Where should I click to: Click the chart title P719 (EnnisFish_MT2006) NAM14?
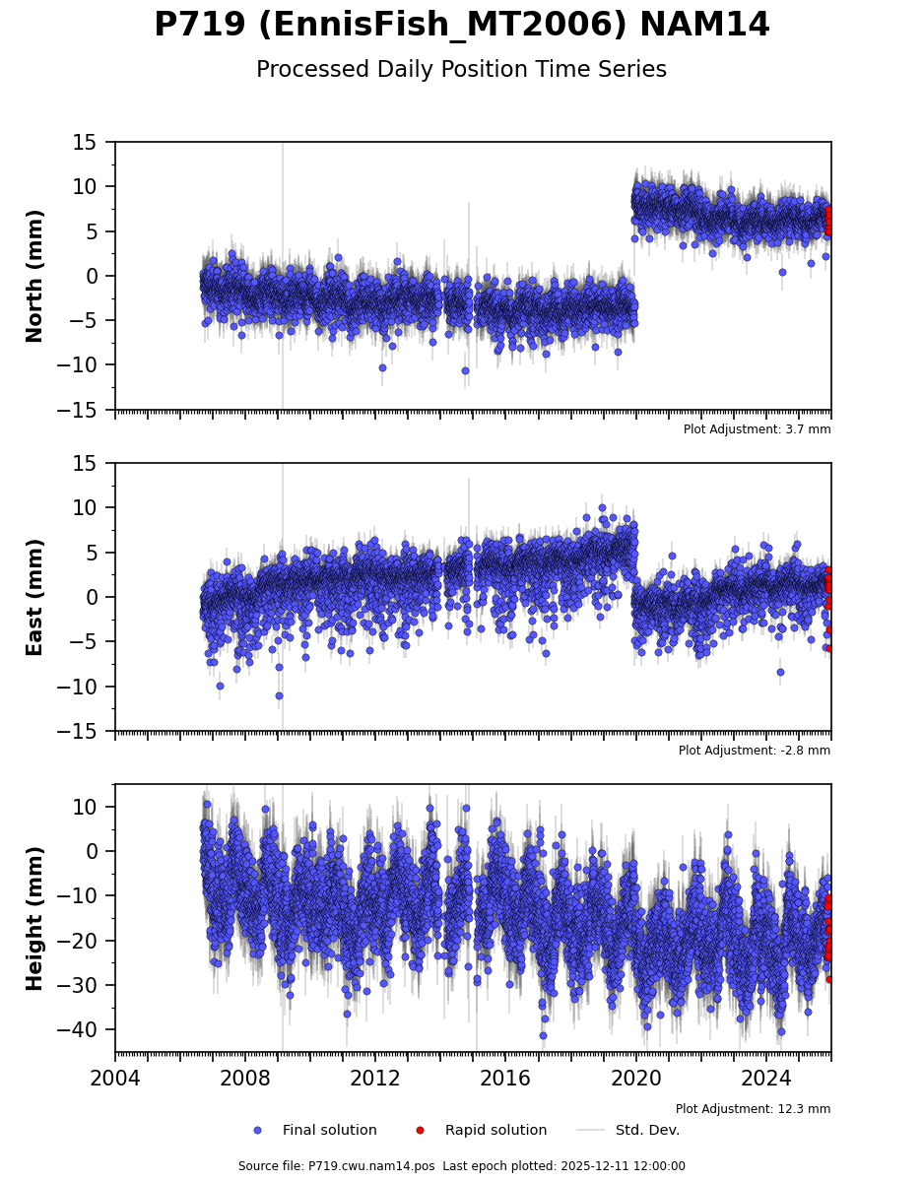(x=461, y=26)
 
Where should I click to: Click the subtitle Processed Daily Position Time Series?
(x=461, y=70)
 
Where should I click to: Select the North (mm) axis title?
(x=35, y=276)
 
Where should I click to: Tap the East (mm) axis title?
(x=35, y=597)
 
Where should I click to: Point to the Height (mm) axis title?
(x=35, y=918)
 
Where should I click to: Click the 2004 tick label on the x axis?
(x=115, y=1079)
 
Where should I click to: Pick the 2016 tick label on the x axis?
(x=506, y=1079)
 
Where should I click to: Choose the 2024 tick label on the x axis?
(x=766, y=1079)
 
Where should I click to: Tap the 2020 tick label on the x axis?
(x=636, y=1079)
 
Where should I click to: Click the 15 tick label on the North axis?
(x=97, y=143)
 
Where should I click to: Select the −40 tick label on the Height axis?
(x=87, y=1029)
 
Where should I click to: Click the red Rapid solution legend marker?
(x=420, y=1130)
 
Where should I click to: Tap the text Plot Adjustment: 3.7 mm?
(x=757, y=429)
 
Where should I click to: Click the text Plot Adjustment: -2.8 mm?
(x=754, y=751)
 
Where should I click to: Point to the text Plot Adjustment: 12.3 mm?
(x=753, y=1109)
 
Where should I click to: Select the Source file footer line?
(x=461, y=1166)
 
